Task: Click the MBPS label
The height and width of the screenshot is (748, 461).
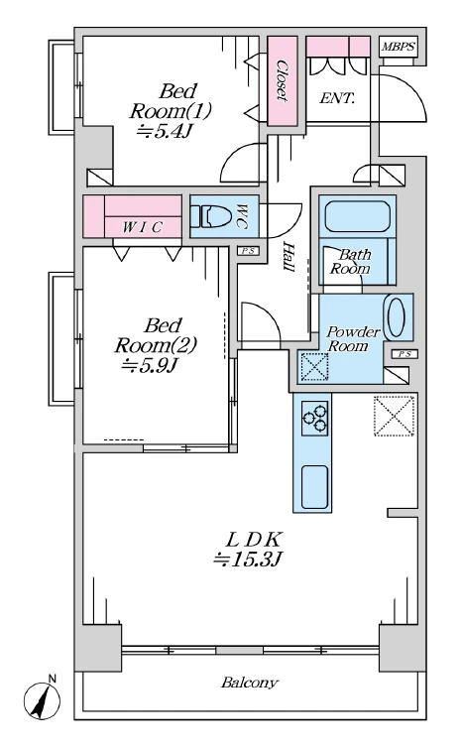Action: tap(399, 48)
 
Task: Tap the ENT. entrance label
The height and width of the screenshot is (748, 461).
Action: tap(336, 99)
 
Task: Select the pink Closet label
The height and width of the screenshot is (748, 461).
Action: tap(283, 80)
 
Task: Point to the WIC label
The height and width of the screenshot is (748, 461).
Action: tap(143, 227)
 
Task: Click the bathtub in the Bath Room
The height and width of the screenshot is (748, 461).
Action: tap(357, 216)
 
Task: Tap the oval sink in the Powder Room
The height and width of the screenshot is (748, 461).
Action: tap(396, 317)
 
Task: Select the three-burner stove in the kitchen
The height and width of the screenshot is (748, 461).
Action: tap(315, 418)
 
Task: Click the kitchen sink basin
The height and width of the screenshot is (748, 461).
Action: tap(314, 486)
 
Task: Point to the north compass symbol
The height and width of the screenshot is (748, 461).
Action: tap(43, 699)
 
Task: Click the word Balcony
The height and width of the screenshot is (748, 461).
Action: tap(249, 683)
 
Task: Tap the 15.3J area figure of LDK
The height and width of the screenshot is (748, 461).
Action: tap(249, 560)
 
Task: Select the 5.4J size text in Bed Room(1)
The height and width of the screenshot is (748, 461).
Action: tap(164, 131)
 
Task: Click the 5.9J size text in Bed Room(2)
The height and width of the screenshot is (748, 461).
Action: tap(150, 366)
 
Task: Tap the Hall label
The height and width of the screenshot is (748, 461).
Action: tap(288, 256)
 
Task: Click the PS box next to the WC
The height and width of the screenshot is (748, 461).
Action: tap(248, 250)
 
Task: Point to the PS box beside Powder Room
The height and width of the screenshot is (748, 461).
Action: tap(404, 354)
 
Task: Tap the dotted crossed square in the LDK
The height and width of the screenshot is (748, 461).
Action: tap(394, 416)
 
